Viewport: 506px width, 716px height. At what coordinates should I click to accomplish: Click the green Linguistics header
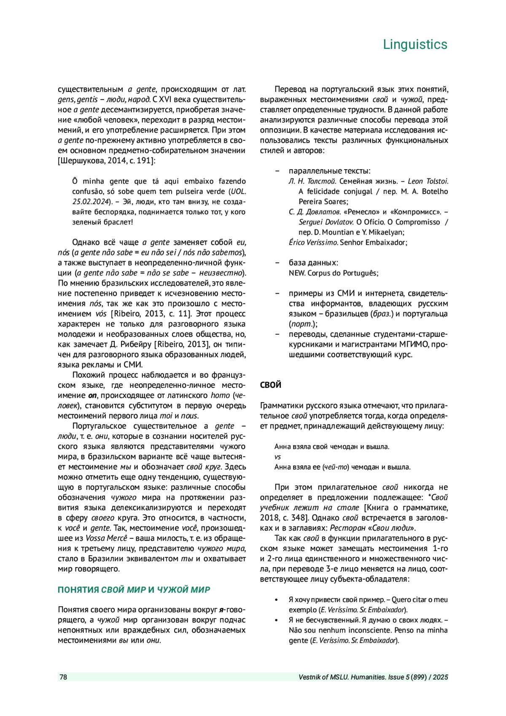(415, 44)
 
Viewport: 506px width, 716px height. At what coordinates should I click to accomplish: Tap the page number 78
(63, 677)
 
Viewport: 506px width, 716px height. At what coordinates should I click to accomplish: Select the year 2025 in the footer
(440, 677)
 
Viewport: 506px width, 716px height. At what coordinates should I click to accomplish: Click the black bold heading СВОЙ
(271, 385)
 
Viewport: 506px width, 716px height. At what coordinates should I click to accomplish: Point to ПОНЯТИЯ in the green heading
(78, 589)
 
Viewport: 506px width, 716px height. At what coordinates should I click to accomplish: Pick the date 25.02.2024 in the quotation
(90, 202)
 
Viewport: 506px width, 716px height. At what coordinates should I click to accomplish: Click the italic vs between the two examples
(277, 457)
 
